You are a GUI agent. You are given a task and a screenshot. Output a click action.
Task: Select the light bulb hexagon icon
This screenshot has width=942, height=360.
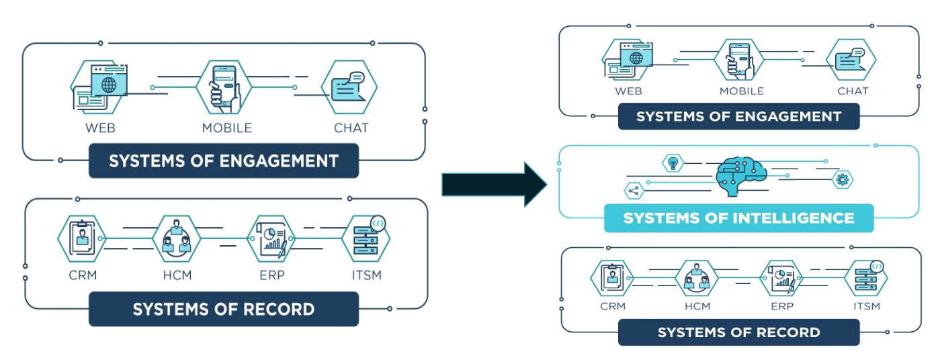coord(672,163)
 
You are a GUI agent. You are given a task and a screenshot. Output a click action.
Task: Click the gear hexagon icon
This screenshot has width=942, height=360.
coord(842,179)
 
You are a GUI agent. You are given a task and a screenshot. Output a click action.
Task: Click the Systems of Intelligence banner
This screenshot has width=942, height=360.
coord(738,218)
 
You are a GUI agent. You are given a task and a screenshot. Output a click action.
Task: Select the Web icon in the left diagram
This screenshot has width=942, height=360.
coord(99,86)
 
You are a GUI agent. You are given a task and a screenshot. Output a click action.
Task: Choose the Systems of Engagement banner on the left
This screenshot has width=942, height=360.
coord(223,161)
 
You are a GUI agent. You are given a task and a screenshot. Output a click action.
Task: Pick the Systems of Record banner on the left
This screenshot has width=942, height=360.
coord(223,309)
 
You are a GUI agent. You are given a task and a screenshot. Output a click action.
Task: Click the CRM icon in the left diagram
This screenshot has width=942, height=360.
coord(81,238)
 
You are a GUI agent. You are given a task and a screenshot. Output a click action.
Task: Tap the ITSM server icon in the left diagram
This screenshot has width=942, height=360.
coord(367,238)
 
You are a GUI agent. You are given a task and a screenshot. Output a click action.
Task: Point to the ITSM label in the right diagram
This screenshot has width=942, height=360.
coord(866,306)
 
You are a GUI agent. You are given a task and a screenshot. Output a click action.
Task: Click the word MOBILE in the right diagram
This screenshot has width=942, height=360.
coord(742,91)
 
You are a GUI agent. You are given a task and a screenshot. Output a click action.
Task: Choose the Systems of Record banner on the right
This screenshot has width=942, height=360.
coord(738,332)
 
